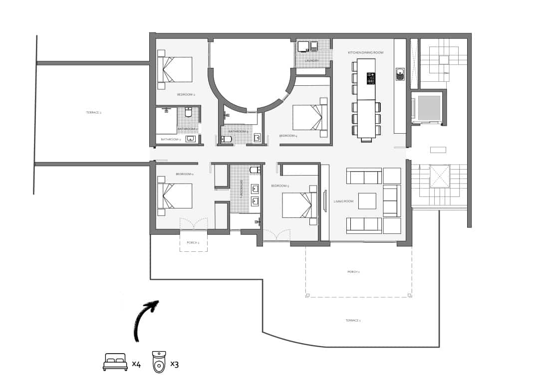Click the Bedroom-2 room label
(x=186, y=94)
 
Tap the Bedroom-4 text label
(x=288, y=136)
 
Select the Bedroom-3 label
(x=280, y=186)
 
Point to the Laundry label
(x=312, y=61)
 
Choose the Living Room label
(x=343, y=201)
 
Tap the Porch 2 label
(x=193, y=242)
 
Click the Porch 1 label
(x=353, y=272)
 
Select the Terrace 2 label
(x=93, y=113)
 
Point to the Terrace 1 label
(x=353, y=320)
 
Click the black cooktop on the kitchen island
(x=371, y=78)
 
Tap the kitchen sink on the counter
(x=399, y=74)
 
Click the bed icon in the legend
(x=115, y=362)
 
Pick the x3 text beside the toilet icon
(x=174, y=364)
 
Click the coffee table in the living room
(x=367, y=201)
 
